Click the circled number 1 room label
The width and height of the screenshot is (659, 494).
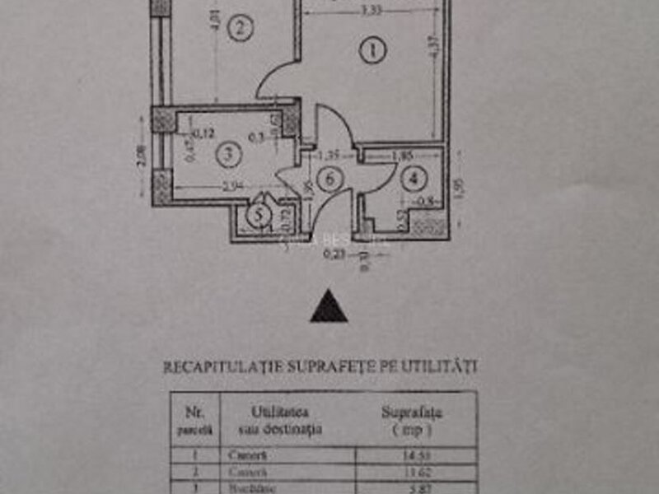(x=373, y=51)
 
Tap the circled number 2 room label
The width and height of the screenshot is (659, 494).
(x=240, y=30)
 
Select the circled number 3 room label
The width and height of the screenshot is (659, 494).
(x=228, y=152)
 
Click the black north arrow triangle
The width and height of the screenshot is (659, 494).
(x=329, y=307)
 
